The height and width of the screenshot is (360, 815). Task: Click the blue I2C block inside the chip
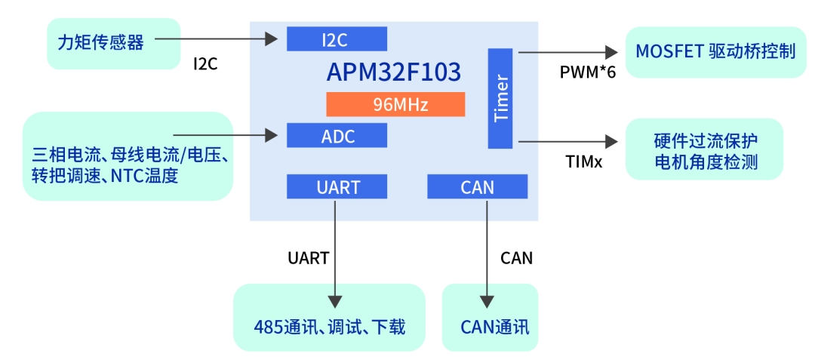point(337,39)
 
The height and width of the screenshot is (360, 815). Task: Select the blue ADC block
point(337,136)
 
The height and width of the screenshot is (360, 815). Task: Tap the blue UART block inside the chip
point(337,186)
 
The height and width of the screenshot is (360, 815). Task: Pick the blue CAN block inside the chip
point(476,186)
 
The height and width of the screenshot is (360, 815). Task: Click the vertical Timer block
point(500,98)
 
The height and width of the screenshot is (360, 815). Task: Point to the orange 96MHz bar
point(395,104)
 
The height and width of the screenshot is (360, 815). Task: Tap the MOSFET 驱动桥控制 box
point(715,51)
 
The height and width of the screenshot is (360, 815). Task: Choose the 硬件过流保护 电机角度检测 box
point(705,150)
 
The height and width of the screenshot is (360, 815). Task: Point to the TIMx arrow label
point(584,162)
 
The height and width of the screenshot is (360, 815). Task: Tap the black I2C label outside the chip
point(205,64)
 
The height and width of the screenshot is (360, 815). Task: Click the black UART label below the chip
point(308,258)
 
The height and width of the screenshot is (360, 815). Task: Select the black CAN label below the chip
point(517,258)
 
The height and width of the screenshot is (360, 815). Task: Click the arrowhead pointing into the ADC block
point(272,136)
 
